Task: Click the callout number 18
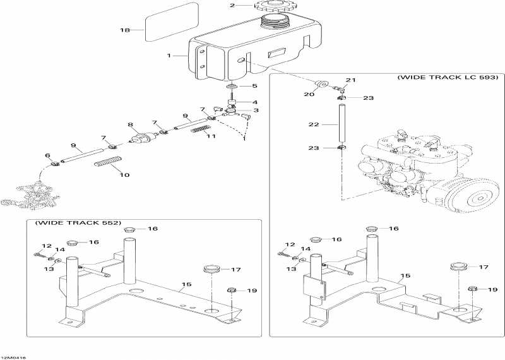[124, 30]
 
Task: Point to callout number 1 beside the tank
[169, 56]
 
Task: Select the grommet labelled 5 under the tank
[232, 86]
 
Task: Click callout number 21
[351, 80]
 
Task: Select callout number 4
[255, 102]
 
